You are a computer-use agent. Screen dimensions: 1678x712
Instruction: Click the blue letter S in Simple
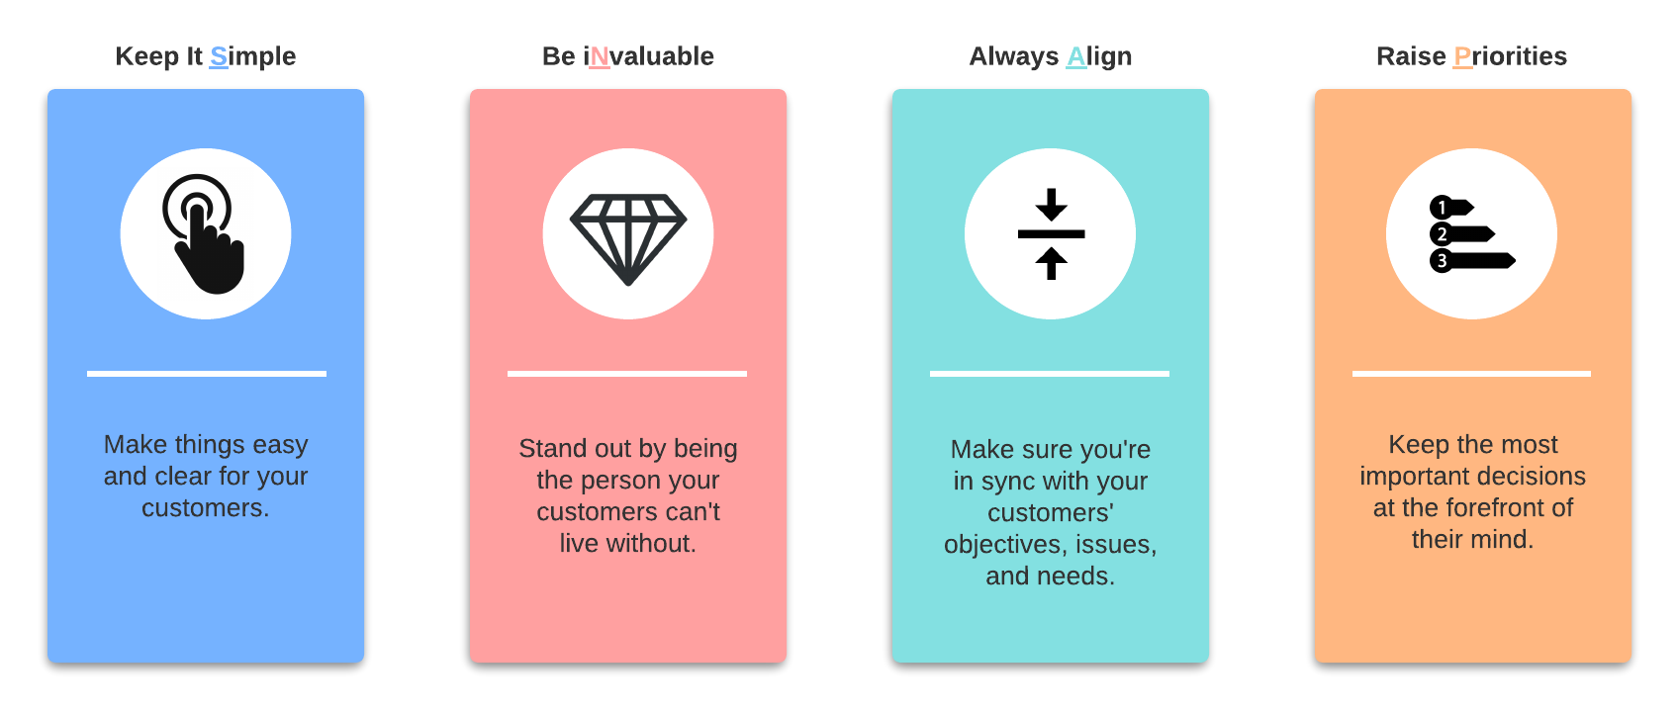[218, 56]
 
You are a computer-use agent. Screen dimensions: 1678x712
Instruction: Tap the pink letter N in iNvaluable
[600, 56]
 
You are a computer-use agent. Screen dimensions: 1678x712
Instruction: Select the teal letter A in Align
[1075, 56]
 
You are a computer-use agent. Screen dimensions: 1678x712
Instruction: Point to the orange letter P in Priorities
[1462, 56]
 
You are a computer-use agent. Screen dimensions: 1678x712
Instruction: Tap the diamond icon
[627, 239]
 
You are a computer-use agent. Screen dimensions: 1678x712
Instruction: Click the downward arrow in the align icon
[1051, 205]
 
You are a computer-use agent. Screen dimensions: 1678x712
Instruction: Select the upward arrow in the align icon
[1051, 263]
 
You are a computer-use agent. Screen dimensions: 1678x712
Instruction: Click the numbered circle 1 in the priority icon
[1442, 208]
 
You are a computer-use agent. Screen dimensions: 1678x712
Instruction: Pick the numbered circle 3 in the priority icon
[1442, 261]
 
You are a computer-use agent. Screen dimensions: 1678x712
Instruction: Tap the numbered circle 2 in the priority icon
[1442, 234]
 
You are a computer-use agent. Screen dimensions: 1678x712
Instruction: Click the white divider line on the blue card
[207, 374]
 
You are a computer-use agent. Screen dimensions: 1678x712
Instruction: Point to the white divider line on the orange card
[1471, 374]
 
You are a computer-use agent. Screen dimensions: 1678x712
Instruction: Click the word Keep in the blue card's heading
[146, 56]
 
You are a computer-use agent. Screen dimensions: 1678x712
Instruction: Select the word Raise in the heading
[1411, 56]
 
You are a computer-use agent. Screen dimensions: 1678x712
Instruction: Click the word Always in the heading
[1013, 57]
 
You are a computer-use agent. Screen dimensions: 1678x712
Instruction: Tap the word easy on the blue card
[280, 445]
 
